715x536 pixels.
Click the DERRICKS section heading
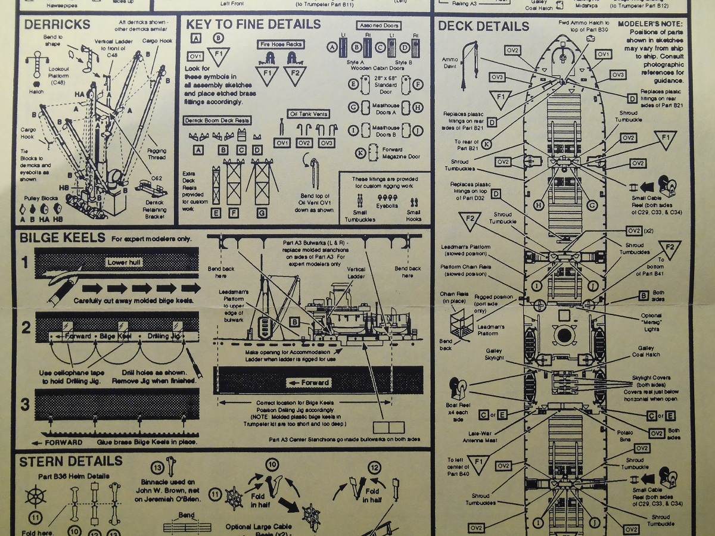click(57, 24)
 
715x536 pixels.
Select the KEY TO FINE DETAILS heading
click(253, 24)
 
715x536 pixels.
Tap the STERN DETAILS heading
click(71, 462)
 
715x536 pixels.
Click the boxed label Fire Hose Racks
click(281, 45)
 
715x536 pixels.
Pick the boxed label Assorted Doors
click(379, 26)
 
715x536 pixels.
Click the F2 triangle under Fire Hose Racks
click(292, 76)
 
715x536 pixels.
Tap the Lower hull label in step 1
click(125, 262)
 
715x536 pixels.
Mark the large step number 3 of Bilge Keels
click(25, 405)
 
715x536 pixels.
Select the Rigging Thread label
click(157, 154)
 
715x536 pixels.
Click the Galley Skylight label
click(499, 355)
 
